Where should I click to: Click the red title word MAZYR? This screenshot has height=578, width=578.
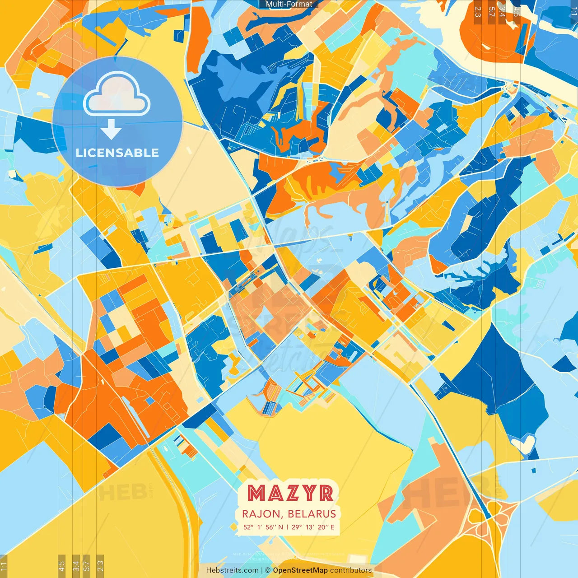tap(290, 493)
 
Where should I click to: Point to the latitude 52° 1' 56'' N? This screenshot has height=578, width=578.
tap(263, 527)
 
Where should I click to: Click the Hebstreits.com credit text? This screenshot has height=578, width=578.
tap(232, 570)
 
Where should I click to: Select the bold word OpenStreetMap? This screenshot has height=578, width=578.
tap(300, 570)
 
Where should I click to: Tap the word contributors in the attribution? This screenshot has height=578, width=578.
tap(351, 570)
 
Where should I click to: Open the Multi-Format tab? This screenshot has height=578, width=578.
tap(289, 4)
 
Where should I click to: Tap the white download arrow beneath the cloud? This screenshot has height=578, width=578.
tap(111, 130)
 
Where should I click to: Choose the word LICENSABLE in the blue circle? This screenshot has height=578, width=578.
tap(117, 153)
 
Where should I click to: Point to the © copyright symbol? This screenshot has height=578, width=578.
tap(267, 570)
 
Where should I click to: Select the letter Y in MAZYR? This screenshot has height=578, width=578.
tap(310, 493)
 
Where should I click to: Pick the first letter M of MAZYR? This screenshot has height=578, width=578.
tap(256, 493)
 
